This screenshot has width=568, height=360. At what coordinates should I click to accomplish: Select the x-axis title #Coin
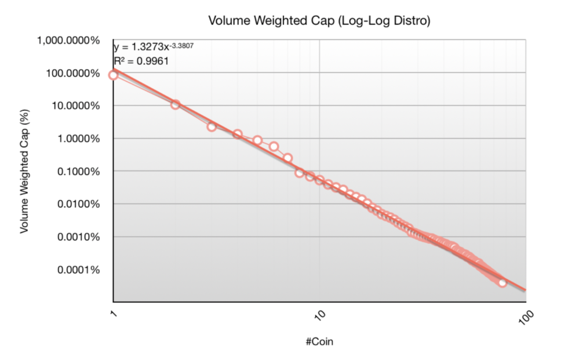pos(319,341)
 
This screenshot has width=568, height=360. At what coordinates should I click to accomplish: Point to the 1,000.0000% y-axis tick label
pos(68,41)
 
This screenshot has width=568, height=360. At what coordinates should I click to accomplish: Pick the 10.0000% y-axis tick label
pos(74,106)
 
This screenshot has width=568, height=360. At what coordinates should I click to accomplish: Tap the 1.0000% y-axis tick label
pos(77,139)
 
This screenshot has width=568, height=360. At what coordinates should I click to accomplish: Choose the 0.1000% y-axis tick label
pos(77,172)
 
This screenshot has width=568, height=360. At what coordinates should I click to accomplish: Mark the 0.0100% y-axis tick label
pos(77,204)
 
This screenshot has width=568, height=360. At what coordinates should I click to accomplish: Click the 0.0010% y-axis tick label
pos(77,237)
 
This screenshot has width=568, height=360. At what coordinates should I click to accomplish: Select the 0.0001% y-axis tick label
pos(77,270)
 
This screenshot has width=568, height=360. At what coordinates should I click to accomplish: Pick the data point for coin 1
pos(114,75)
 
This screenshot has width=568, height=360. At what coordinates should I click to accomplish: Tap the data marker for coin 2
pos(175,104)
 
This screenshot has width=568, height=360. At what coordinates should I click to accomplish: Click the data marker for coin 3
pos(212,126)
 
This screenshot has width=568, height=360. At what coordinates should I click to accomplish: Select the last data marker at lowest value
pos(502,282)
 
